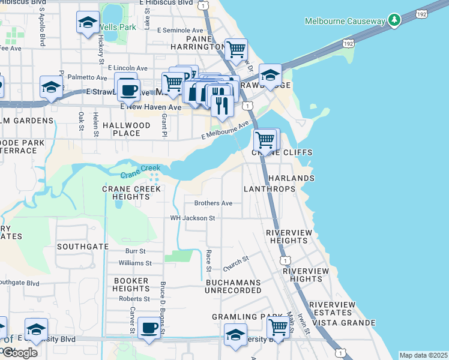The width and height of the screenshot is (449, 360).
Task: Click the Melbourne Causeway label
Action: point(345,21)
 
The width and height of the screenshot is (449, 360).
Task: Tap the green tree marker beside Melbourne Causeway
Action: point(394,20)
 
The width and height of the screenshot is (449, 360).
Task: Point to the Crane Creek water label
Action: point(140,172)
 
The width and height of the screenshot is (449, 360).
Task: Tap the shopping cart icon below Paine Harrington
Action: point(236,49)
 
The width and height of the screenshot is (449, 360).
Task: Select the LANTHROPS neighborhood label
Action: point(270,189)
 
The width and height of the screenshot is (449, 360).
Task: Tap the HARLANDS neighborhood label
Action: point(291,179)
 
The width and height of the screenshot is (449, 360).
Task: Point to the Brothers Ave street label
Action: point(213,203)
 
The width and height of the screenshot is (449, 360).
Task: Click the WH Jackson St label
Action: point(193,218)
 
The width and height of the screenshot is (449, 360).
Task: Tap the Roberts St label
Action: point(134,299)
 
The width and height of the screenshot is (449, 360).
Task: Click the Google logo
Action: point(19,352)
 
